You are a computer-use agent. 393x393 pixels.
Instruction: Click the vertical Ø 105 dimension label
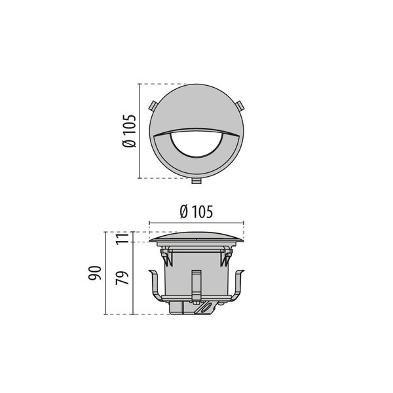click(129, 131)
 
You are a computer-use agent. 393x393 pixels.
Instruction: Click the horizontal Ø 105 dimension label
click(196, 212)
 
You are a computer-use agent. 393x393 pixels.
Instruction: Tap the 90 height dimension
click(95, 273)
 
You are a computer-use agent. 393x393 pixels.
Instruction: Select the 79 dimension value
click(122, 278)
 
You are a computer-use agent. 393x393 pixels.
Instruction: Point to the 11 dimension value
click(122, 237)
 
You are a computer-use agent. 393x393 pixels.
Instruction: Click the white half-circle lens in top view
click(196, 145)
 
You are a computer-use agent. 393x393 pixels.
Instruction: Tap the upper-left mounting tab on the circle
click(153, 105)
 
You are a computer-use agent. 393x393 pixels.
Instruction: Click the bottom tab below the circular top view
click(196, 181)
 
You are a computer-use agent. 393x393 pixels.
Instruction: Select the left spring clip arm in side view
click(157, 286)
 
